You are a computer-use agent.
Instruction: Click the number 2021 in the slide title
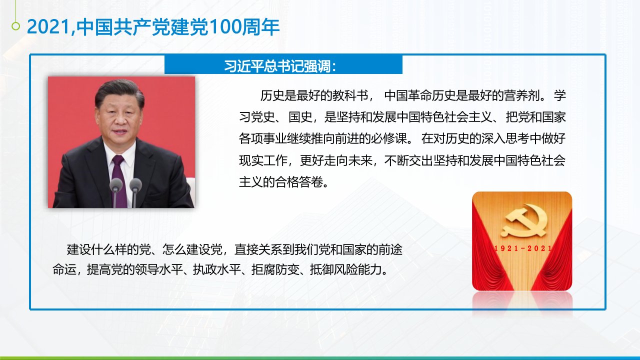tap(48, 27)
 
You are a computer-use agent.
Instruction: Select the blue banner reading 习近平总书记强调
tap(283, 65)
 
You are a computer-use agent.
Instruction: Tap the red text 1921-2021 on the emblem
tap(523, 248)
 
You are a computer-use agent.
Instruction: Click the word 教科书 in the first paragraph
tap(350, 95)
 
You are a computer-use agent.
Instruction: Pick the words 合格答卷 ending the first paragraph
tap(299, 182)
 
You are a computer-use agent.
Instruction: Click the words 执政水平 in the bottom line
tap(217, 269)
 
